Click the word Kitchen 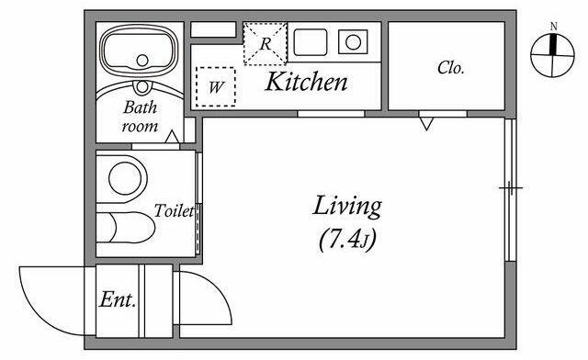tap(306, 81)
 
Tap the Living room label tap(347, 207)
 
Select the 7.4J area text tap(347, 240)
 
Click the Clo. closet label tap(451, 68)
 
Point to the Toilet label tap(174, 210)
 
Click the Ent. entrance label tap(118, 299)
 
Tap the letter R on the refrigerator tap(266, 44)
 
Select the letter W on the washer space tap(216, 87)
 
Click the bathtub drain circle tap(142, 60)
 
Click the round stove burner tap(353, 42)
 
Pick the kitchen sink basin tap(311, 42)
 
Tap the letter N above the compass tap(553, 27)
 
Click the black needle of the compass tap(553, 44)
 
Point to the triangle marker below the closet tap(426, 124)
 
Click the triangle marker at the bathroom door tap(172, 137)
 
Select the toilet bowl tap(131, 227)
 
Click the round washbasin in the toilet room tap(125, 178)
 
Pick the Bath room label tap(141, 117)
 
